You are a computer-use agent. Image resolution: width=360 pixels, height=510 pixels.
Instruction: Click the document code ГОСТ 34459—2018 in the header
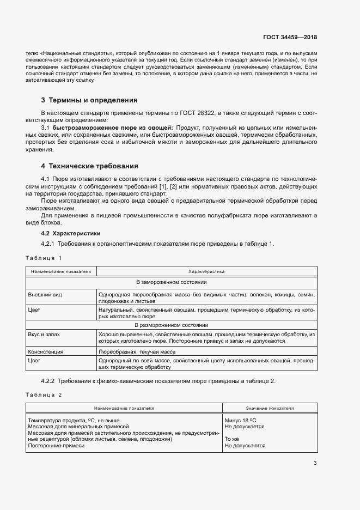click(290, 38)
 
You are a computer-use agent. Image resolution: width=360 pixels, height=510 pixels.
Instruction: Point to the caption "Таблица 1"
click(44, 257)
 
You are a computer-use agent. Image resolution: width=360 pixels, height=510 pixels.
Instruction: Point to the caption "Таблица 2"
click(44, 394)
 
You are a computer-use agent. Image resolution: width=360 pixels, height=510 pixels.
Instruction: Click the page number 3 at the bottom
click(315, 463)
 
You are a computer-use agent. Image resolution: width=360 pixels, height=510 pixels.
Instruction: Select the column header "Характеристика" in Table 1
click(206, 271)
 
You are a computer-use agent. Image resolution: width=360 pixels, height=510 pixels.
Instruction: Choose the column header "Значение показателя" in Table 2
click(270, 408)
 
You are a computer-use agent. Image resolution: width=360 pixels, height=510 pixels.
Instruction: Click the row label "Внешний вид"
click(45, 294)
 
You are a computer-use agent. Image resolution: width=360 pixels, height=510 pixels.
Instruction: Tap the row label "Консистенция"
click(46, 352)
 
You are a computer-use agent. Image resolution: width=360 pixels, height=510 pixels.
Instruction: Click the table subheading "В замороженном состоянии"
click(171, 282)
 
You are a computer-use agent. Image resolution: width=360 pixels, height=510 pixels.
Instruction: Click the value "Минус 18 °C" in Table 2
click(240, 420)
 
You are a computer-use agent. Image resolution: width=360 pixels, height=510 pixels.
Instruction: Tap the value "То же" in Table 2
click(232, 439)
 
